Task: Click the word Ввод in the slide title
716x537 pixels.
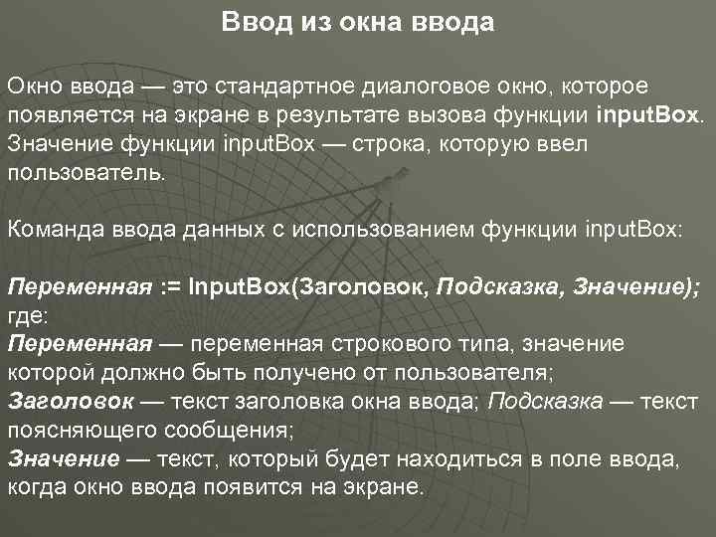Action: point(252,21)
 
